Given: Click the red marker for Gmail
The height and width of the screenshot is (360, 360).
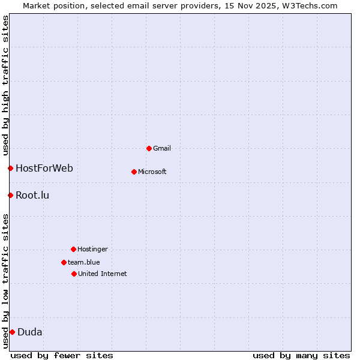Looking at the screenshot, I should click(149, 148).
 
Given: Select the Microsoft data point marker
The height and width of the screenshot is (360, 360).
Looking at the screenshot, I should click(134, 172).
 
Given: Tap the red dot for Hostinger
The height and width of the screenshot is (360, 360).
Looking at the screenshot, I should click(73, 249).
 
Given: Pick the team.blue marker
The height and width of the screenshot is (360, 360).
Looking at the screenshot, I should click(64, 262).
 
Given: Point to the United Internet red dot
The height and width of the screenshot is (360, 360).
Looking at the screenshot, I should click(74, 274).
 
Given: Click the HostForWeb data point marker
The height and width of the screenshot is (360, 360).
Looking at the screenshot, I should click(10, 168).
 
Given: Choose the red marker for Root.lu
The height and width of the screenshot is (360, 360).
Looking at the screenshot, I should click(10, 195).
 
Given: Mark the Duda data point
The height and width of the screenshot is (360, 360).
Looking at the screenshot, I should click(12, 332).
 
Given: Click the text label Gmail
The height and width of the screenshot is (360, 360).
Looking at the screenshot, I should click(162, 148).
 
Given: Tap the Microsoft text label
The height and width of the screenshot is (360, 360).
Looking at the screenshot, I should click(152, 172).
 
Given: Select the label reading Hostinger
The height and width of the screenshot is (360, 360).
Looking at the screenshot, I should click(92, 249).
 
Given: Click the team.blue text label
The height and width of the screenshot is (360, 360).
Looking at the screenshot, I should click(84, 262).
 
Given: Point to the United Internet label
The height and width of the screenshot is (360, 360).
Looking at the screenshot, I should click(103, 274).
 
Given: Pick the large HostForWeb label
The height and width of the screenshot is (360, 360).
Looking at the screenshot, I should click(44, 168).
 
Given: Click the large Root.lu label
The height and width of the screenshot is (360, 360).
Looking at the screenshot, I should click(32, 195).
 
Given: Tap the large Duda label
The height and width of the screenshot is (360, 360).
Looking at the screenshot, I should click(30, 332).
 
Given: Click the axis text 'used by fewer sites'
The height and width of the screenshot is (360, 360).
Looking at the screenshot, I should click(62, 355).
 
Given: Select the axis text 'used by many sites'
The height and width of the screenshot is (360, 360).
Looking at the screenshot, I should click(301, 355).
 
